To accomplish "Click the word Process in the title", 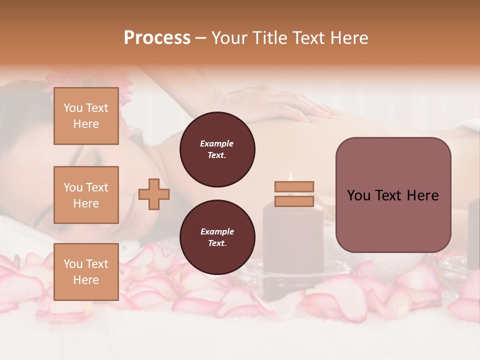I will point(157,38).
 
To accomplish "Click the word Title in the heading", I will point(269,38).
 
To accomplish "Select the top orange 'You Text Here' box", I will point(86,116).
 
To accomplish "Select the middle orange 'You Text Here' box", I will point(86,195).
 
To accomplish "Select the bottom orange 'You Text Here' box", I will point(86,272).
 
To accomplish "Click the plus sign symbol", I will point(154,194).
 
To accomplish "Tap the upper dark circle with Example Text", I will point(217,149).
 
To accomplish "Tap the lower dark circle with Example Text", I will point(217,237).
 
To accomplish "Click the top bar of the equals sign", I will point(294,186).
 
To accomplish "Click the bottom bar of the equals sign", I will point(294,201).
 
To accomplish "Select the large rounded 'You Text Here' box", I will point(393,195).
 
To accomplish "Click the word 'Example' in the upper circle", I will point(217,143).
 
